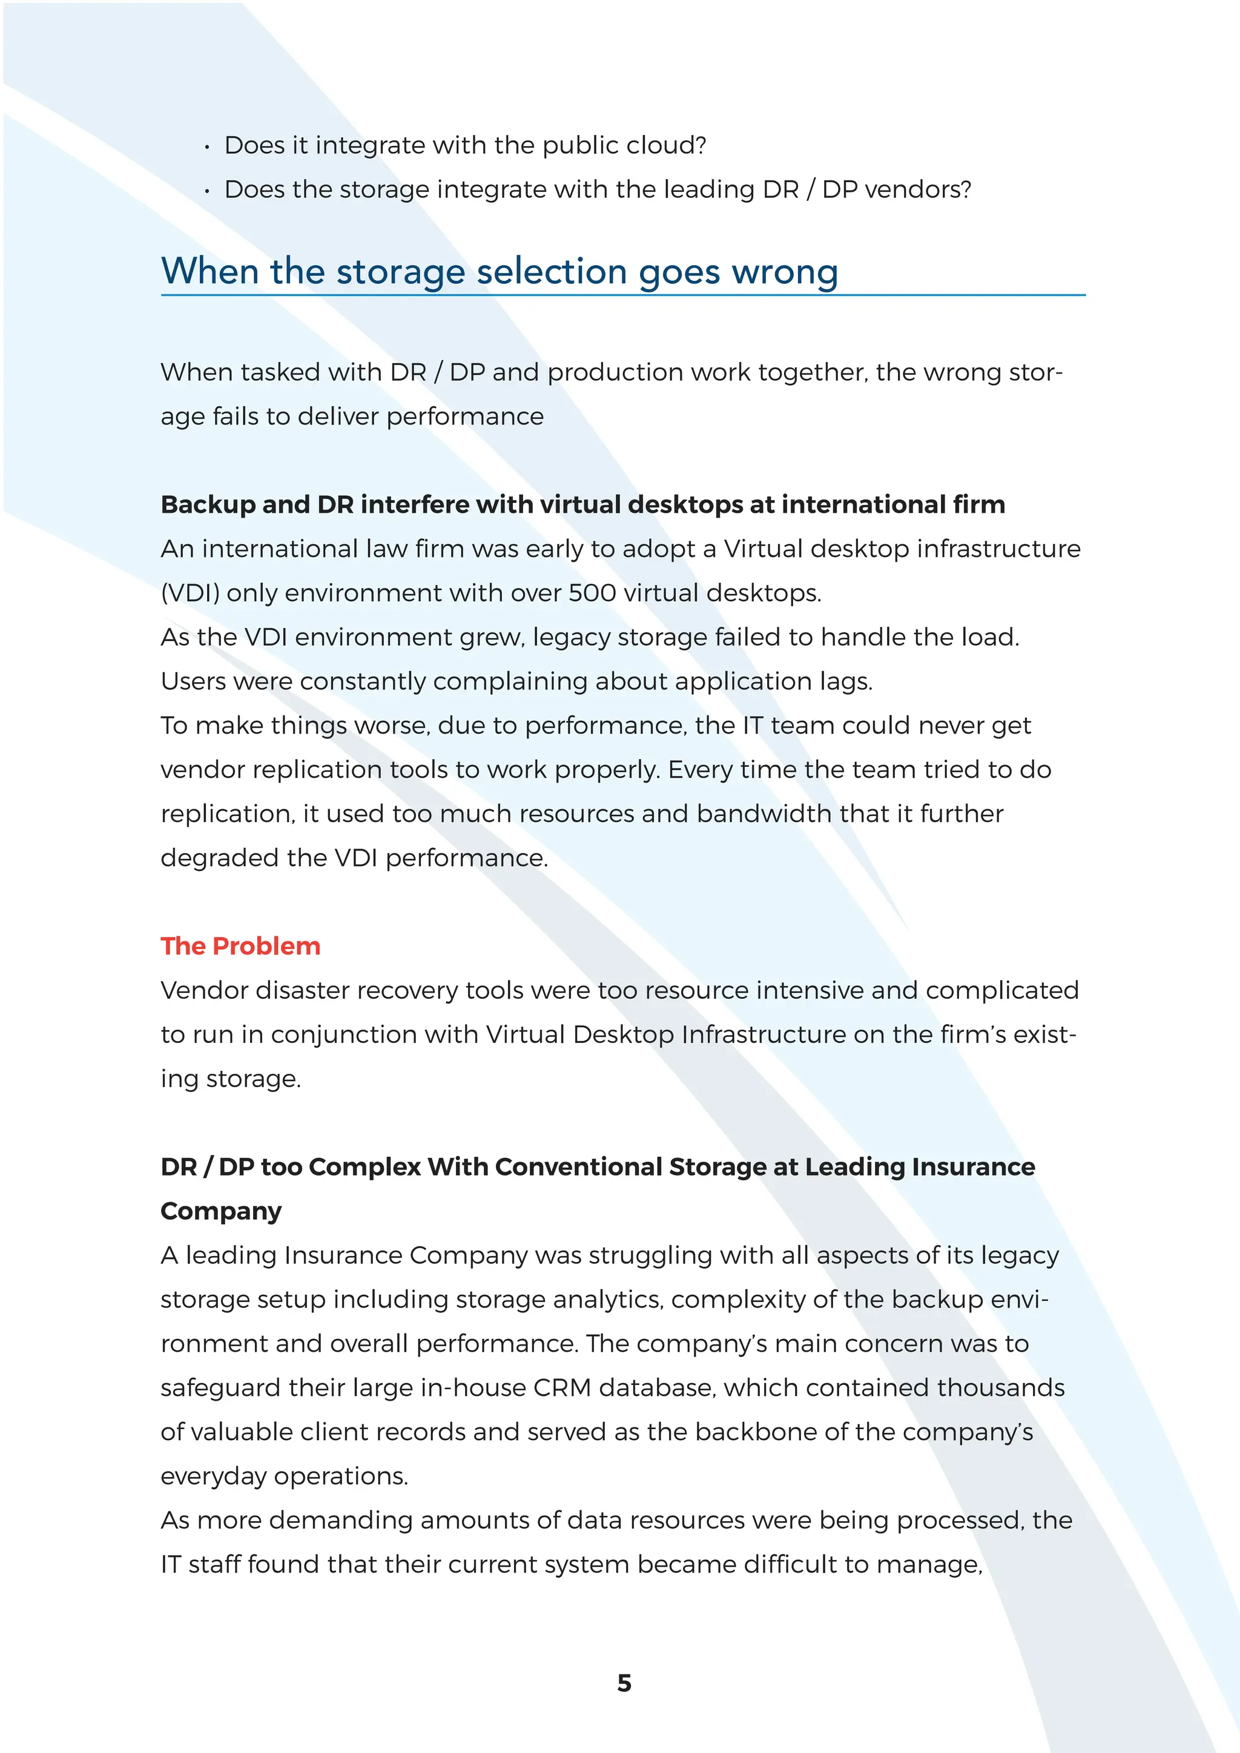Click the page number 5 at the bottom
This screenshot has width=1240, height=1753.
pyautogui.click(x=624, y=1683)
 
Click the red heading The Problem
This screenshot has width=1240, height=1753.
pyautogui.click(x=240, y=946)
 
